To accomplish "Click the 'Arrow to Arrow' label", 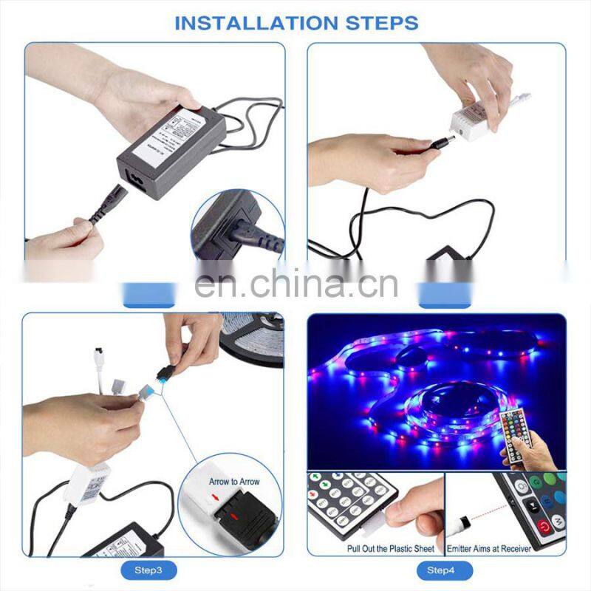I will [x=234, y=482].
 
